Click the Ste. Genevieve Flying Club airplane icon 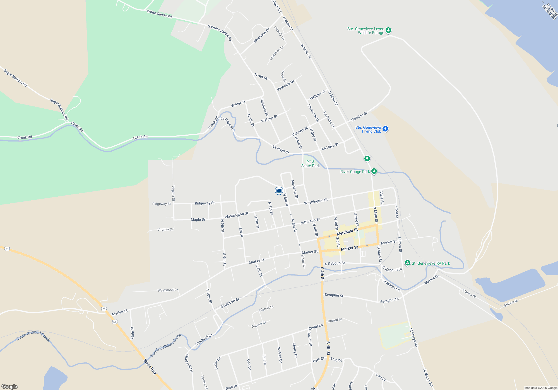coord(385,129)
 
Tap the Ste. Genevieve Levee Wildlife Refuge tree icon coord(388,30)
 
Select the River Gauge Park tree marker coord(374,171)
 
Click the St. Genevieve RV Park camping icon coord(407,263)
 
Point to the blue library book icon coord(279,191)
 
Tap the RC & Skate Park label coord(310,164)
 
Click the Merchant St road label coord(347,232)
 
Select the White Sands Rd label coord(159,14)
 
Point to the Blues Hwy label coord(150,366)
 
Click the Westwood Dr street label coord(168,290)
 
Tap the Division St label coord(359,116)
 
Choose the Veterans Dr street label coord(285,86)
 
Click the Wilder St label coord(238,104)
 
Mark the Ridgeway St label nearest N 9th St coord(205,203)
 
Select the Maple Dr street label coord(198,220)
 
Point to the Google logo coord(9,386)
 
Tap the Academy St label coord(295,189)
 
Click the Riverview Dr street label coord(261,35)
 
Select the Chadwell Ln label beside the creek coord(204,340)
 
